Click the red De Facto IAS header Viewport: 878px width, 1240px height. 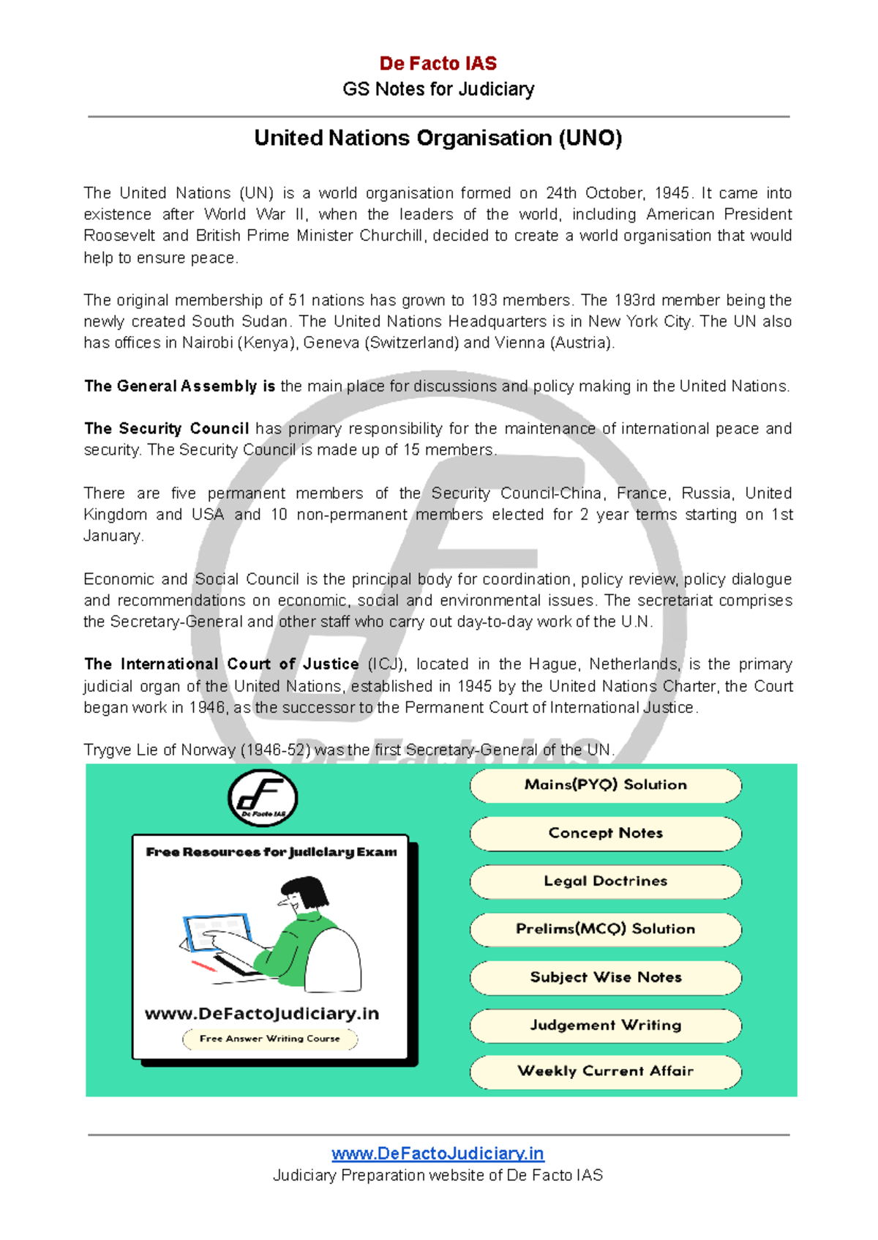[438, 64]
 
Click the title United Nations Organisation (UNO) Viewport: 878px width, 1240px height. [438, 138]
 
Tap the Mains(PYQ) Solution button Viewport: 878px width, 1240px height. [605, 785]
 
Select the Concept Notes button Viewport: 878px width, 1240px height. [605, 833]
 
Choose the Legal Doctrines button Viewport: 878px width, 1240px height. [605, 881]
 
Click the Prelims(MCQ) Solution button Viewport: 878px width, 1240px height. [605, 929]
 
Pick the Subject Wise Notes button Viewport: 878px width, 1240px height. [605, 977]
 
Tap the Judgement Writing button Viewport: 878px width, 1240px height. [605, 1025]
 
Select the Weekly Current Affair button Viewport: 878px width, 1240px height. [605, 1071]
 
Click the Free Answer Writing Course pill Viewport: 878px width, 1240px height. [269, 1039]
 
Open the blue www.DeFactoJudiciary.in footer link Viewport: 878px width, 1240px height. [438, 1154]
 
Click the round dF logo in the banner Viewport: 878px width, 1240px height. [263, 798]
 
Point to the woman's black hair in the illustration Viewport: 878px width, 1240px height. [310, 891]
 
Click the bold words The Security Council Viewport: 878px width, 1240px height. [167, 428]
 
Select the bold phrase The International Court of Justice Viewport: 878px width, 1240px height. [221, 664]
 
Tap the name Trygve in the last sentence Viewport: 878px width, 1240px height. [108, 750]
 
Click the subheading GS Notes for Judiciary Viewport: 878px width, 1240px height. [438, 89]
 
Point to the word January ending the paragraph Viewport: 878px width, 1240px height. [112, 536]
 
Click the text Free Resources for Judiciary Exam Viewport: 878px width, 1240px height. [271, 852]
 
